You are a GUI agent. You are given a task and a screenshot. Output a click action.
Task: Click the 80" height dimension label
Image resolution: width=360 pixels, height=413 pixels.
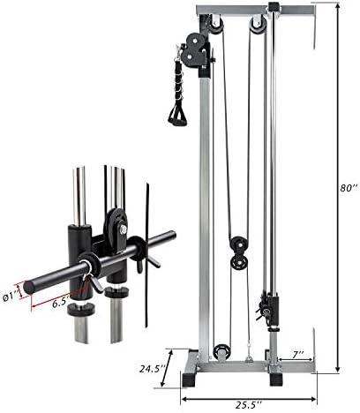coord(349,188)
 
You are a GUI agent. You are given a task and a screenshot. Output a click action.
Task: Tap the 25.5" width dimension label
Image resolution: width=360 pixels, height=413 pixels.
coord(249,406)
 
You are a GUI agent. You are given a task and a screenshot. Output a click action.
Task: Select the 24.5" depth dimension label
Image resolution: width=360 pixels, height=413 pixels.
coord(152,369)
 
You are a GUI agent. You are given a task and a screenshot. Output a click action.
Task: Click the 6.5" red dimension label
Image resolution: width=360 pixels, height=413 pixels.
coord(61,304)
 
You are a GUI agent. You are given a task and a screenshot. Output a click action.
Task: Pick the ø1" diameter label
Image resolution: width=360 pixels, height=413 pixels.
coord(11,297)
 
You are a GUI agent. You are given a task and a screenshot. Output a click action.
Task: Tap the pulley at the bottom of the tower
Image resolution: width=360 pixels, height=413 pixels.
coord(221,352)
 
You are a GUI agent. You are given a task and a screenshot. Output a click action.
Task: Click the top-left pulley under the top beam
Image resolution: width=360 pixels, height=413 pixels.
coord(216,26)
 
